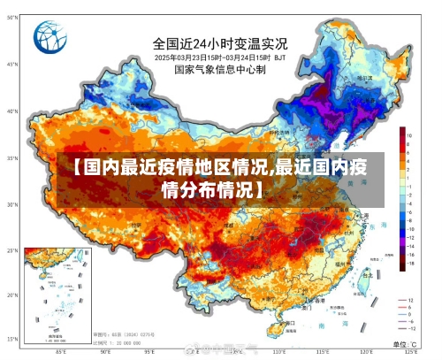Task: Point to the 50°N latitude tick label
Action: coord(11,65)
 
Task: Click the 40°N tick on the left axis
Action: coord(11,111)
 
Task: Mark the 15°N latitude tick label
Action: coord(11,338)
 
